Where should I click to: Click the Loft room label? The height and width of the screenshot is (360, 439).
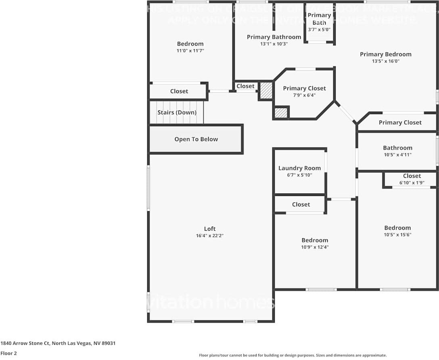coord(210,229)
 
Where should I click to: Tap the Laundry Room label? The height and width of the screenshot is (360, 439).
coord(299,168)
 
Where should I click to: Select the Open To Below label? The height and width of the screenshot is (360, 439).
coord(196,139)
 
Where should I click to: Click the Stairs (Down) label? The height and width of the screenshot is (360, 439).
coord(177,112)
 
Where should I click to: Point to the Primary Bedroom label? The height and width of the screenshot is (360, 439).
coord(385,54)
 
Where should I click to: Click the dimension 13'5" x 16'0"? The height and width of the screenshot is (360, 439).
coord(385,61)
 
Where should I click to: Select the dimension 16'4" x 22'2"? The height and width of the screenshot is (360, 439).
coord(210,236)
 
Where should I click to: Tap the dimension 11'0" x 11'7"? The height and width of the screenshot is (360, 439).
coord(190,51)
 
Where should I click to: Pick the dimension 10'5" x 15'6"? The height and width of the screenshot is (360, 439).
coord(397,235)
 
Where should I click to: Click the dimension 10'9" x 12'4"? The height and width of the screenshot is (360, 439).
coord(315,247)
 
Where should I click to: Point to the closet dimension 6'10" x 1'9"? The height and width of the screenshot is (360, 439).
coord(412,183)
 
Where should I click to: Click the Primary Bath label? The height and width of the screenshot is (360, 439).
coord(319,19)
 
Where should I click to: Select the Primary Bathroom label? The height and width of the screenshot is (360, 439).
coord(274,37)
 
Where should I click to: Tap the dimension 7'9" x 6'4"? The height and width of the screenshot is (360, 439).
coord(305,96)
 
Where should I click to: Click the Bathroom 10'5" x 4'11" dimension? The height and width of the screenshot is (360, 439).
coord(397,155)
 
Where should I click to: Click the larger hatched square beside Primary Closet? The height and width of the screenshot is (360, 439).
coord(266,91)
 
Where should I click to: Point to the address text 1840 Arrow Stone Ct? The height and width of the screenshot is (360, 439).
coord(25,343)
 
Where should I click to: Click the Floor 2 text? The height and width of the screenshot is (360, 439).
coord(8,353)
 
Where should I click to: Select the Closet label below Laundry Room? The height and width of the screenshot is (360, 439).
coord(301,204)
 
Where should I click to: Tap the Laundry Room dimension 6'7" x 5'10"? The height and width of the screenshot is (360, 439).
coord(299,175)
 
